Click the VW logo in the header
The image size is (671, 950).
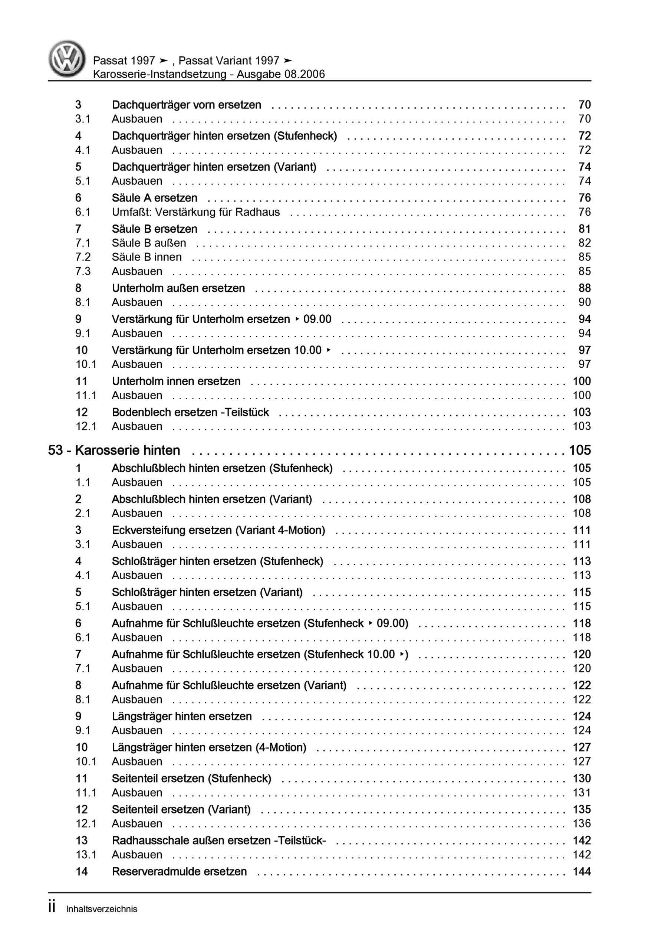coord(67,59)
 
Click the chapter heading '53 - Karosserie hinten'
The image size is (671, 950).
coord(114,450)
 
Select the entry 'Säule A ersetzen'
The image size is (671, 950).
coord(154,198)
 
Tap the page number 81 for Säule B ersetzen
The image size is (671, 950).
coord(584,229)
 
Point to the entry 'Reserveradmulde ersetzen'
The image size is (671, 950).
coord(179,871)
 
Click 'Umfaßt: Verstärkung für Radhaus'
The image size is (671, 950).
coord(196,212)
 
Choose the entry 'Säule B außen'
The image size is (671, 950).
coord(149,243)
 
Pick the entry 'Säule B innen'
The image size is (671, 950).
coord(147,257)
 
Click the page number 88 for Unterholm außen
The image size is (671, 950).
coord(584,288)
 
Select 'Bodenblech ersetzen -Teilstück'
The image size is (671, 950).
coord(190,412)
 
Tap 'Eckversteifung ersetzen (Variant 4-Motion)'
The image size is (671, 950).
coord(218,530)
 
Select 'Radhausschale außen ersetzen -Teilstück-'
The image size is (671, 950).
coord(219,841)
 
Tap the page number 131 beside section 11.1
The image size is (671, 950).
coord(582,792)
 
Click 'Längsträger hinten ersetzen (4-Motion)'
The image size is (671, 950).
coord(209,747)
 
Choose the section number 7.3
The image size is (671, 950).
coord(83,271)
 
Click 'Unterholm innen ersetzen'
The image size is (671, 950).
coord(176,381)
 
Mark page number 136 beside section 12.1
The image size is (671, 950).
coord(582,823)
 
